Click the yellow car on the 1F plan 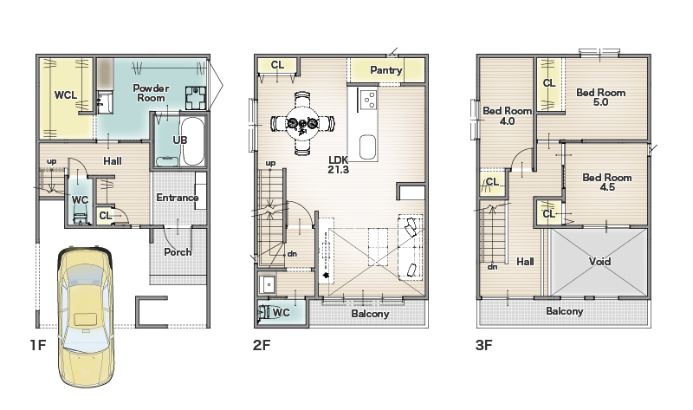point(85,317)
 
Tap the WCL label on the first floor point(66,95)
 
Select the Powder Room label point(151,93)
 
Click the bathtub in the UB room point(192,140)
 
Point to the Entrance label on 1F point(178,198)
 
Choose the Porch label point(178,251)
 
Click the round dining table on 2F point(302,123)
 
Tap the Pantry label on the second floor point(385,70)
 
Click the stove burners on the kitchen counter point(368,99)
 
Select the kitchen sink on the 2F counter point(367,146)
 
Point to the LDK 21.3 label point(338,165)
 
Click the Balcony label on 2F point(370,314)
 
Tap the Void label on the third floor point(599,262)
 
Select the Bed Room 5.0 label point(600,97)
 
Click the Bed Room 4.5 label point(607,182)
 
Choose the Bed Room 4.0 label point(507,115)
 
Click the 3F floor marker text point(484,345)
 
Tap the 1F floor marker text point(38,345)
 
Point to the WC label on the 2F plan point(281,313)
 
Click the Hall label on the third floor point(525,262)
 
